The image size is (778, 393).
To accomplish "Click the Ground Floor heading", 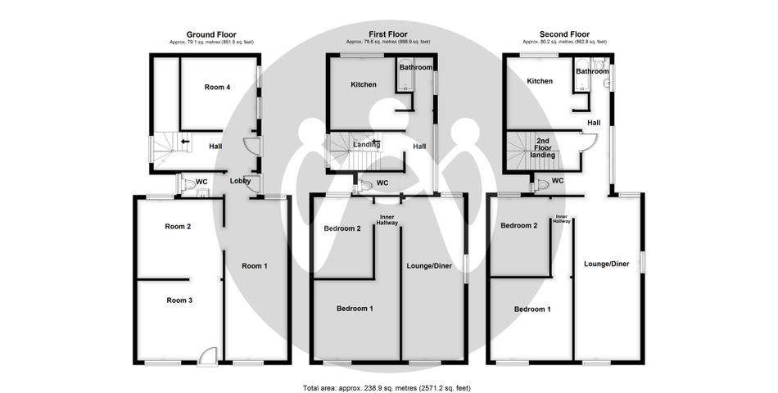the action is click(211, 34).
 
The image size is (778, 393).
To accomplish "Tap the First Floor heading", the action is click(388, 34).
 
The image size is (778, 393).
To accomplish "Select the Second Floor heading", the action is click(564, 34).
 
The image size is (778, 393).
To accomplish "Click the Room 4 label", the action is click(217, 88).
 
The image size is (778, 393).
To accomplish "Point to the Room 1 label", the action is click(255, 266).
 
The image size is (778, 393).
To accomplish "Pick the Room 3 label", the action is click(179, 300).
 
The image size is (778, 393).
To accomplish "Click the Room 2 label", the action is click(179, 227).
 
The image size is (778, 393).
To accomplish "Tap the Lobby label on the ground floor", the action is click(240, 181).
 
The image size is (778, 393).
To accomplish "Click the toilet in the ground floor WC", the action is click(188, 184).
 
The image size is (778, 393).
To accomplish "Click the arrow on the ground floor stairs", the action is click(185, 142).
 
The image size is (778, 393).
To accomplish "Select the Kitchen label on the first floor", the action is click(364, 85).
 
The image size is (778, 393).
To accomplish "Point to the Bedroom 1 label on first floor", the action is click(355, 309).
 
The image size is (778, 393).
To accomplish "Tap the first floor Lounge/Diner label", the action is click(429, 266).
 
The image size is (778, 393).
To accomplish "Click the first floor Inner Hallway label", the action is click(387, 219).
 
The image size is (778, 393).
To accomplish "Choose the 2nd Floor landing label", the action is click(543, 148).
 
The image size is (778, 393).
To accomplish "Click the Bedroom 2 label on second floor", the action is click(519, 225).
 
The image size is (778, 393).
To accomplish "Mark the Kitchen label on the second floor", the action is click(540, 81).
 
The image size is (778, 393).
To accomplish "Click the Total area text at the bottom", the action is click(387, 388).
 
